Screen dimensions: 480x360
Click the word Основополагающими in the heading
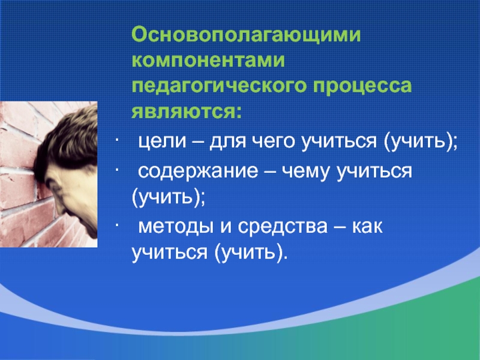click(x=246, y=35)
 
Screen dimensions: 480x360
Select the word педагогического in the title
click(x=219, y=87)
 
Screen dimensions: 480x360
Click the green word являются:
click(x=187, y=112)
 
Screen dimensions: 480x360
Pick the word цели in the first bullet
click(x=162, y=142)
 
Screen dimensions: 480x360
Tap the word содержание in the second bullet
click(x=198, y=172)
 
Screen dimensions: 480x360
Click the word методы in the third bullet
click(x=176, y=227)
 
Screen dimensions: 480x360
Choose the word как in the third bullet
click(x=367, y=227)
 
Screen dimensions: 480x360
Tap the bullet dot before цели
click(x=117, y=142)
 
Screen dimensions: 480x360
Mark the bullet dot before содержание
click(x=117, y=170)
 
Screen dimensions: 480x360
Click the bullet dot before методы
click(x=117, y=226)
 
